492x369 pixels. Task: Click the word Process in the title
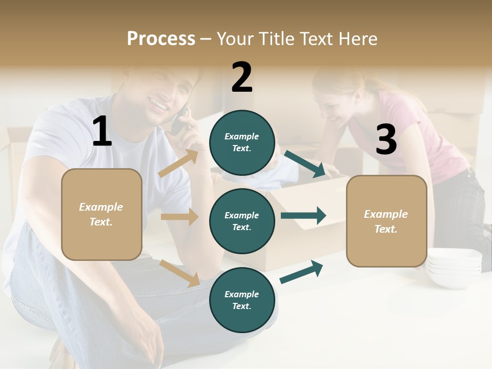(161, 39)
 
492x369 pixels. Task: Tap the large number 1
(102, 132)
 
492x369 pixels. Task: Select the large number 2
(242, 77)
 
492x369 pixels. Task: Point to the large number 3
(386, 140)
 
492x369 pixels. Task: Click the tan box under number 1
(101, 214)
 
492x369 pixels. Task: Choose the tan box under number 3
(386, 221)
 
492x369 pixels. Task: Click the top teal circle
(242, 142)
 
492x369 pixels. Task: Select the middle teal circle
(242, 221)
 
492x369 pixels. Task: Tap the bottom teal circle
(242, 300)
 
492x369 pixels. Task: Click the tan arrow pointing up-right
(178, 163)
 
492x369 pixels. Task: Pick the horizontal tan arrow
(179, 217)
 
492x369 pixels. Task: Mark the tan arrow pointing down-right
(180, 273)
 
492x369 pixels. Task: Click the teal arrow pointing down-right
(305, 164)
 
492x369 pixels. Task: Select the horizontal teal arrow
(303, 216)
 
